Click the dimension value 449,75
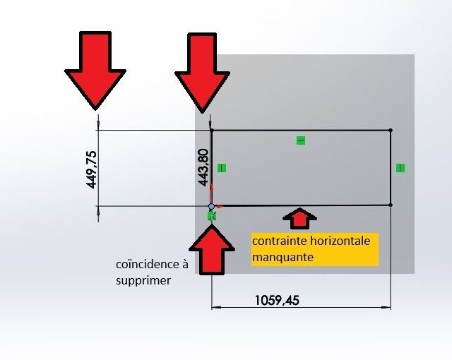click(x=91, y=169)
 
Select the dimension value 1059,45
click(x=277, y=300)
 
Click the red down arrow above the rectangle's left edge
click(x=203, y=71)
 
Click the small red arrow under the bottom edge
click(x=300, y=217)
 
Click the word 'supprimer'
click(x=142, y=280)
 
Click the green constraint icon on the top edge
click(x=301, y=141)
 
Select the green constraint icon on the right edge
click(x=400, y=168)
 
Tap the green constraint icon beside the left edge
click(x=222, y=168)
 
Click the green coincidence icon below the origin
click(x=211, y=216)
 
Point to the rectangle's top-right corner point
click(x=391, y=130)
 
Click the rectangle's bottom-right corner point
click(x=391, y=205)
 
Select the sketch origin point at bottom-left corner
click(x=212, y=206)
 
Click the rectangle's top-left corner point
click(x=212, y=130)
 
